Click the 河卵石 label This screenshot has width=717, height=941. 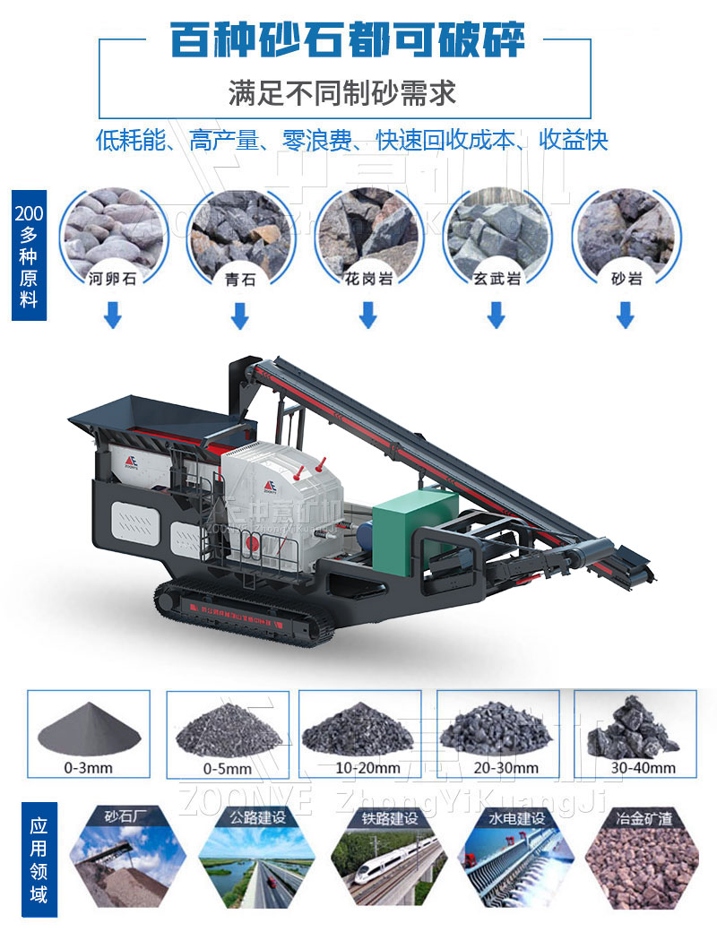pyautogui.click(x=112, y=279)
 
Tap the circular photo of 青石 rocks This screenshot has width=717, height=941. pyautogui.click(x=239, y=229)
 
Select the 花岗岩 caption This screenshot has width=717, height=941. pyautogui.click(x=368, y=279)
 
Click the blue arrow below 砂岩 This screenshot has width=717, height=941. pyautogui.click(x=626, y=315)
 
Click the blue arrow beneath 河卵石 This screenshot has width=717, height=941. pyautogui.click(x=112, y=315)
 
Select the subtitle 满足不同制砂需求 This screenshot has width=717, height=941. pyautogui.click(x=341, y=92)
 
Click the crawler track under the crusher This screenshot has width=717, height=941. pyautogui.click(x=242, y=615)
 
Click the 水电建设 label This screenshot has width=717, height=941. pyautogui.click(x=517, y=817)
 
